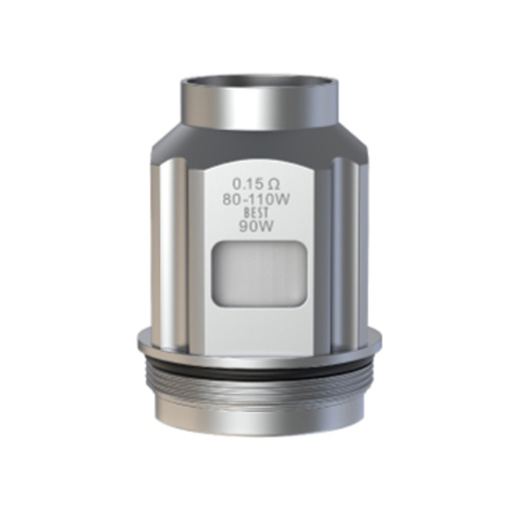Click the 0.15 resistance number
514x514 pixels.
(246, 184)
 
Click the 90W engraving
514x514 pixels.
(257, 226)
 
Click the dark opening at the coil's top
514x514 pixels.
(258, 82)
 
